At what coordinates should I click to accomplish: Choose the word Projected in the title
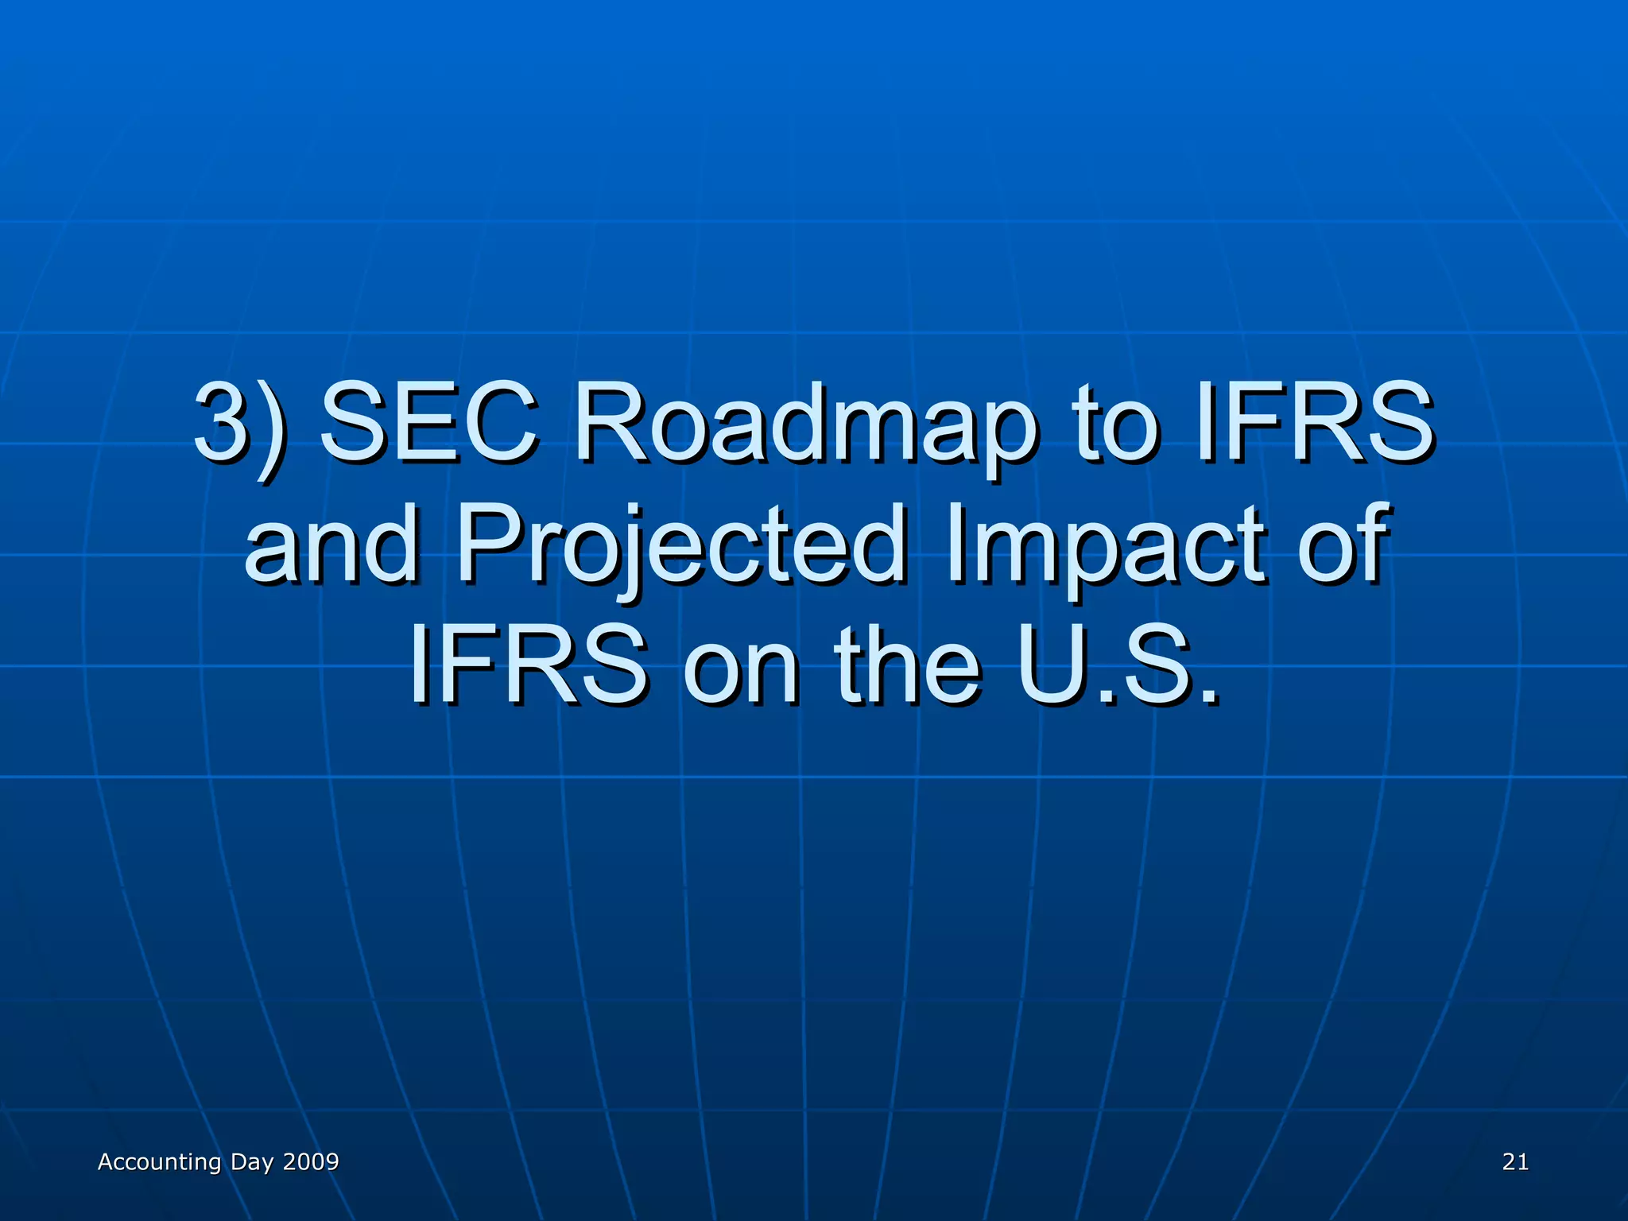tap(680, 544)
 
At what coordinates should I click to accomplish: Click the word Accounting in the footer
tap(159, 1162)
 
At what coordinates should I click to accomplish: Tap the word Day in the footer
tap(252, 1162)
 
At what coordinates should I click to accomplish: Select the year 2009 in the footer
tap(311, 1162)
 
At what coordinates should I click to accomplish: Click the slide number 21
tap(1515, 1162)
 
